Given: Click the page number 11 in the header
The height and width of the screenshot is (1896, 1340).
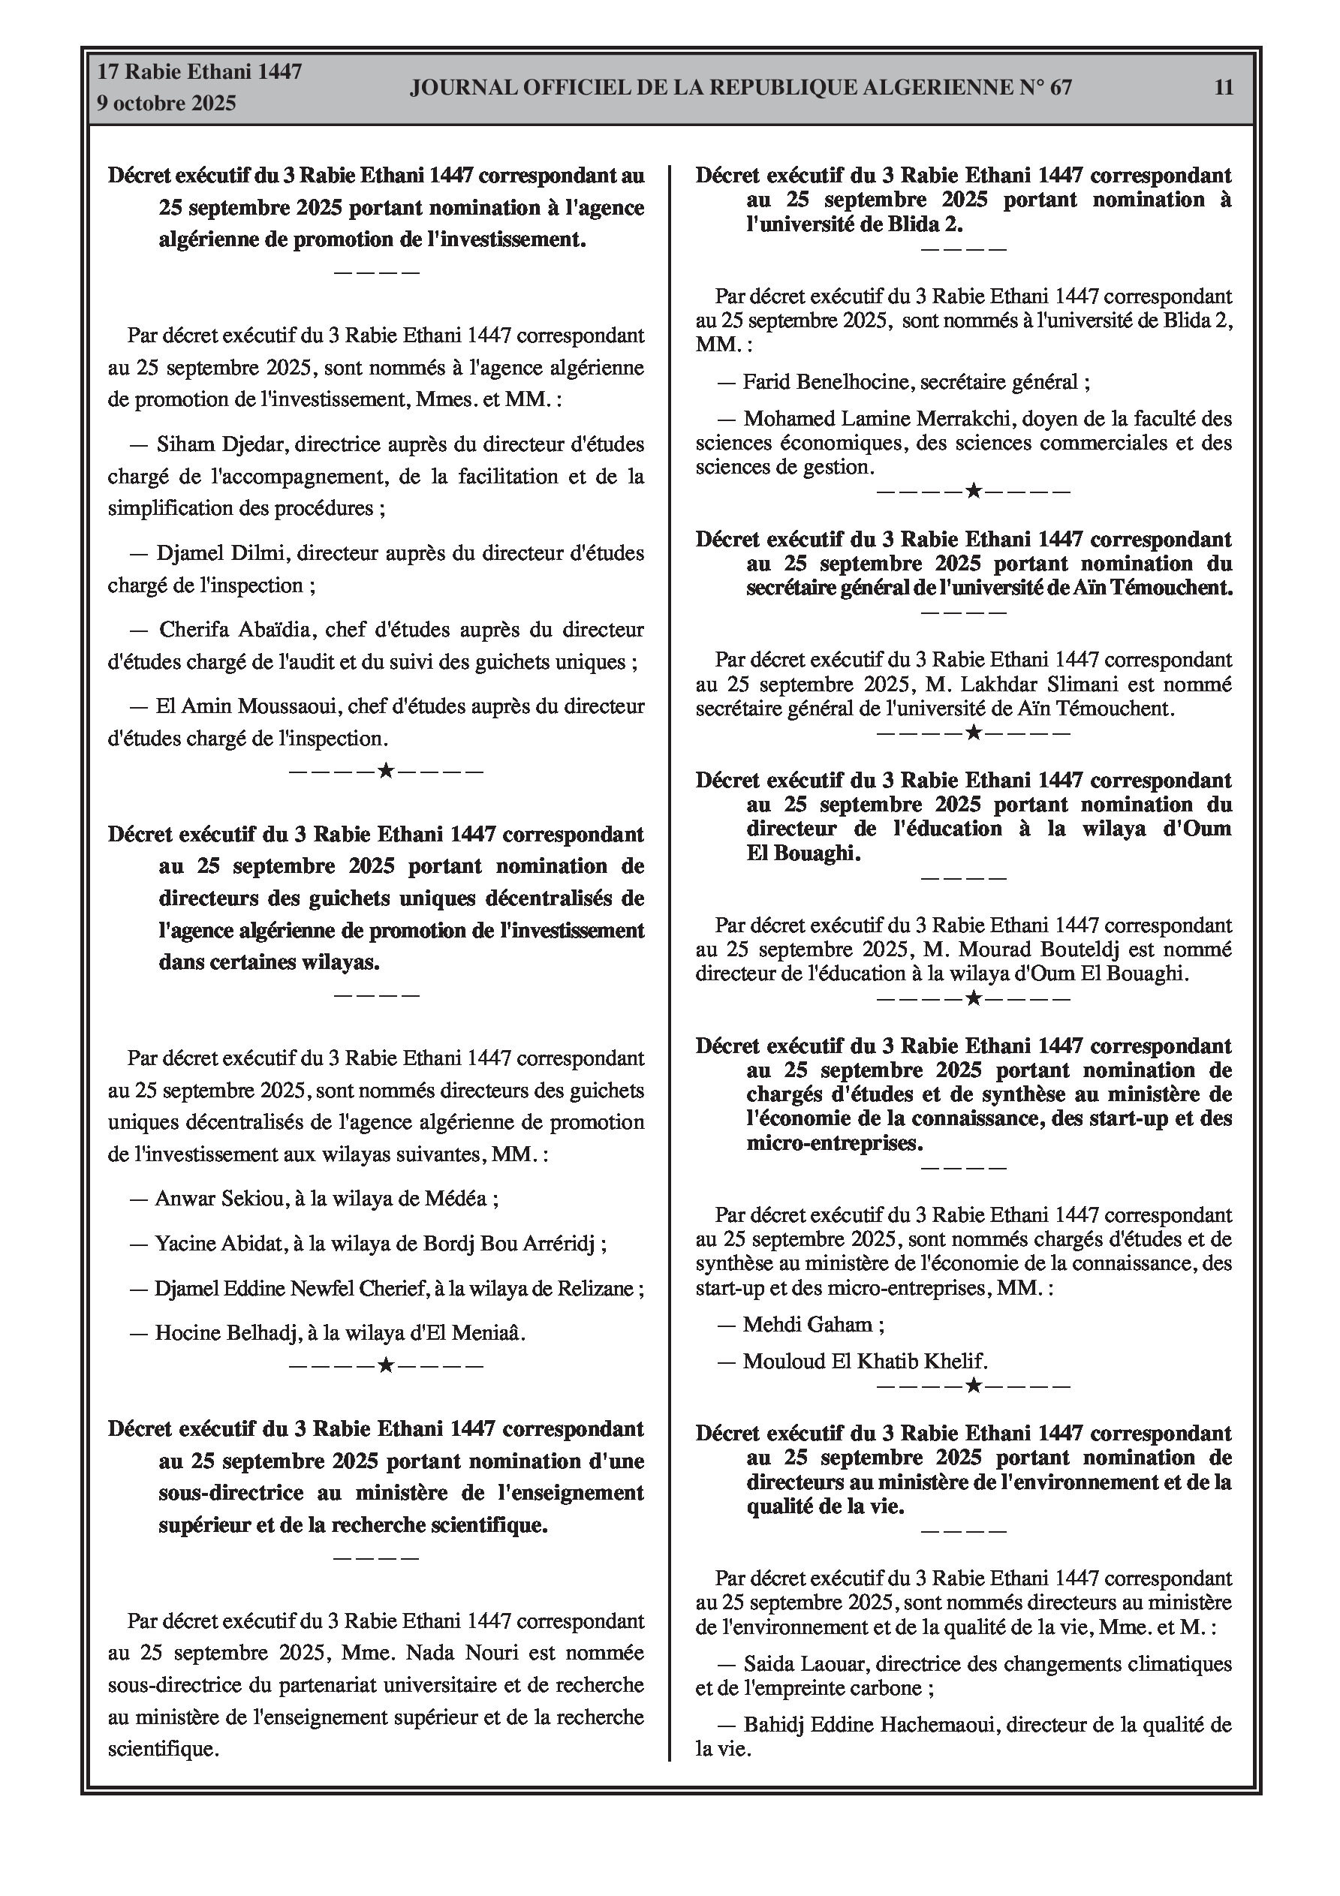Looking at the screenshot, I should coord(1224,88).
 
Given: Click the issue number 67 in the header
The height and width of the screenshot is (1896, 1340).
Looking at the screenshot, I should coord(1061,88).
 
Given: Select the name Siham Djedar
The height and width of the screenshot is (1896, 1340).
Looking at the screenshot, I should coord(221,444).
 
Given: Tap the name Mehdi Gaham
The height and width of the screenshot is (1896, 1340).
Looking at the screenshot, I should coord(807,1326).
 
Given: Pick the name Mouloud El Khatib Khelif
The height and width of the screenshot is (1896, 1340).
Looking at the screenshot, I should coord(864,1362).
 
